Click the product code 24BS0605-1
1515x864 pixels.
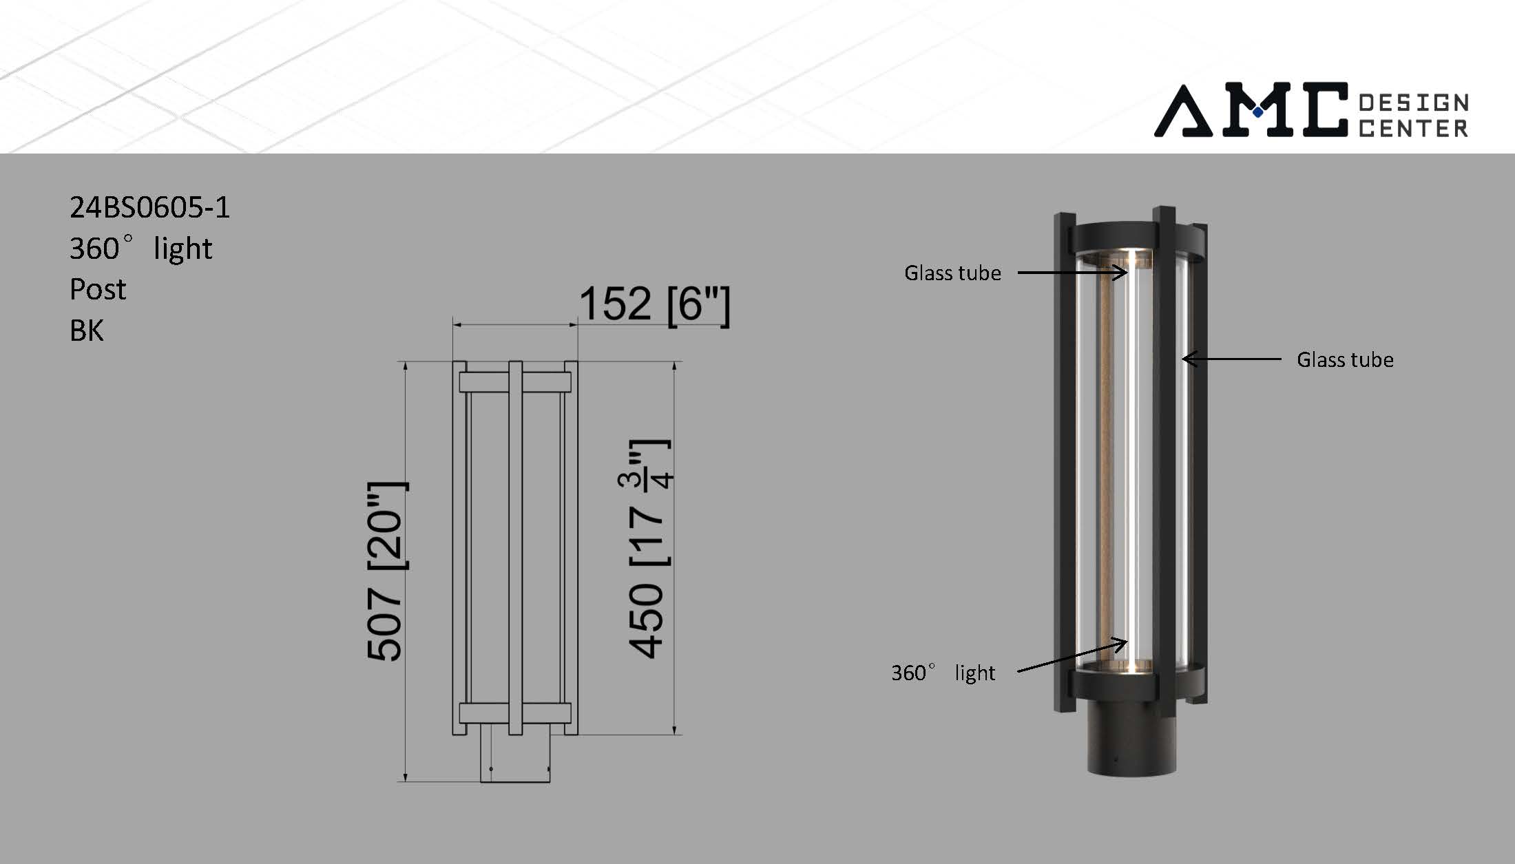(x=149, y=207)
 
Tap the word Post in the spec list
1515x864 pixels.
(x=98, y=290)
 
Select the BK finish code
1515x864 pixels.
(x=87, y=330)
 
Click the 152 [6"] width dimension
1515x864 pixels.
(x=654, y=304)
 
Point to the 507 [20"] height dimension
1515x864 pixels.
(x=387, y=571)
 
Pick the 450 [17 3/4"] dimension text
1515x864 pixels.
(x=649, y=549)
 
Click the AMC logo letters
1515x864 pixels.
(x=1251, y=109)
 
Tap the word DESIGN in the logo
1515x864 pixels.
(x=1414, y=103)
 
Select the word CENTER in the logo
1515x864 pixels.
(x=1414, y=128)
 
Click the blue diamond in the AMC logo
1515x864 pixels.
(x=1258, y=112)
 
